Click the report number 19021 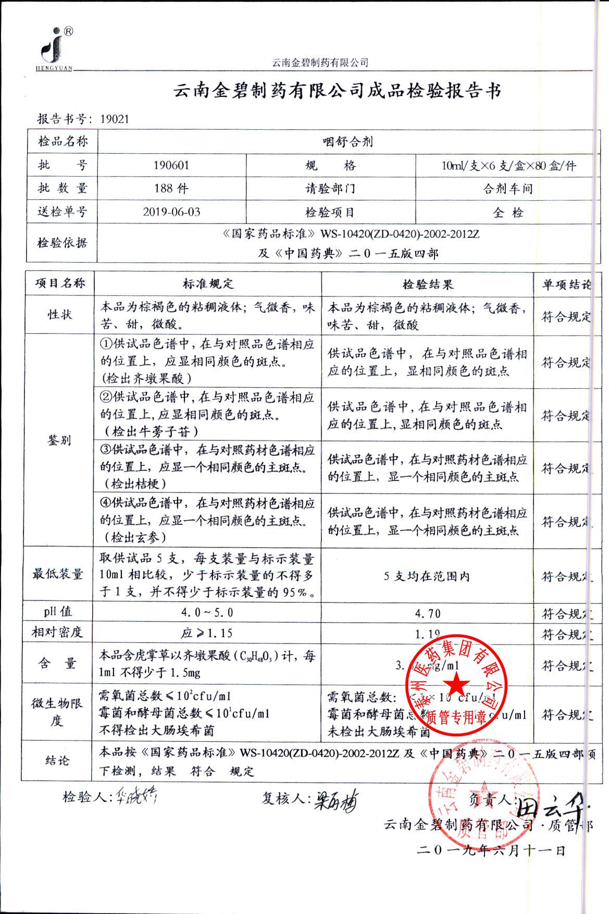click(x=114, y=119)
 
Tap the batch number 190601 click(x=171, y=166)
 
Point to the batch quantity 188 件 click(x=171, y=189)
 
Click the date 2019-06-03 click(x=171, y=212)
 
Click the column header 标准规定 click(x=208, y=284)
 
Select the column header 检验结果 click(x=428, y=284)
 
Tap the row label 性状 click(x=60, y=315)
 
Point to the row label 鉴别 click(x=59, y=440)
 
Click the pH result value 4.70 click(x=428, y=613)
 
